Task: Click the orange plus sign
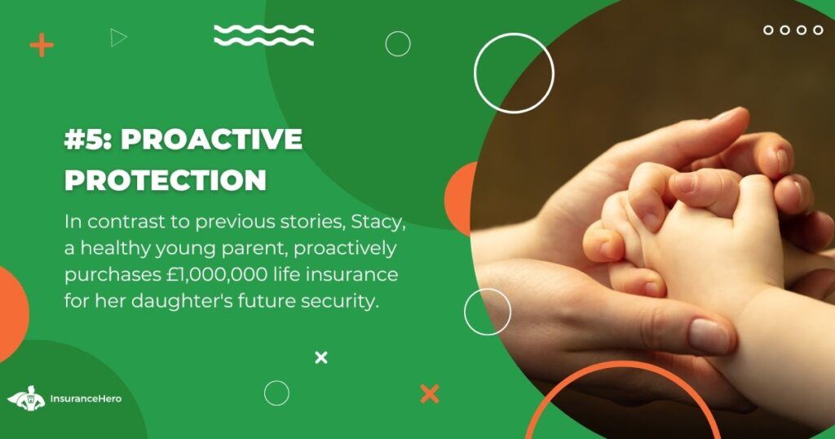[42, 45]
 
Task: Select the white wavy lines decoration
[263, 35]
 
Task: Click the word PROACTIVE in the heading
[211, 140]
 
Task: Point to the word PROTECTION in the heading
[166, 180]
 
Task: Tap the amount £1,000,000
[214, 275]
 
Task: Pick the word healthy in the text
[110, 249]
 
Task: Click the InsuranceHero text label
[86, 398]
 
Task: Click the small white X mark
[321, 358]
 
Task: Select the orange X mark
[430, 394]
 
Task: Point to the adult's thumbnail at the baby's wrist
[709, 335]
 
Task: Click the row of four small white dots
[793, 30]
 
